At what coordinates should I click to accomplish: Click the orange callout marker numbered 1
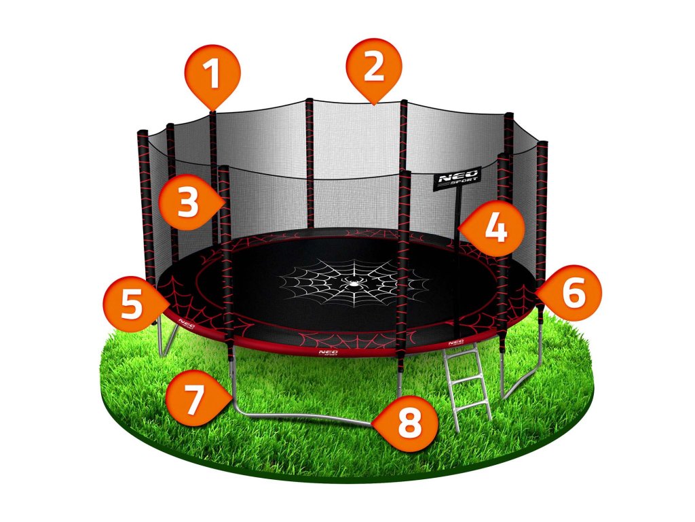(212, 75)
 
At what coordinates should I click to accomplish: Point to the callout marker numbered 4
(495, 227)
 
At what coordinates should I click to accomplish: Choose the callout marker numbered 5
(132, 303)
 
